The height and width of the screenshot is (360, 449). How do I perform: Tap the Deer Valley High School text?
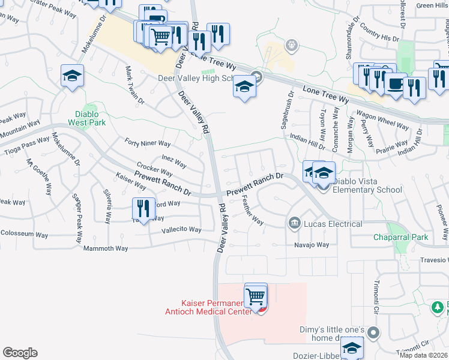[x=199, y=78]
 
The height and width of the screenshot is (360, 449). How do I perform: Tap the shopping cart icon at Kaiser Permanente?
[x=256, y=296]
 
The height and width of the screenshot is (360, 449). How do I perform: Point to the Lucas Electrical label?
[x=333, y=224]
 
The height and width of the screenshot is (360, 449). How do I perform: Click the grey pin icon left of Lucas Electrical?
[x=294, y=224]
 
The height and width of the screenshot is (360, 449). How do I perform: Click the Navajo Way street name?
[x=312, y=245]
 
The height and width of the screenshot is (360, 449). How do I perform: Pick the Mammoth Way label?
[x=106, y=248]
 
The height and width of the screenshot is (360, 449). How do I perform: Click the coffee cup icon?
[x=394, y=84]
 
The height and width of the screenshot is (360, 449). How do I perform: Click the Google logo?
[x=20, y=353]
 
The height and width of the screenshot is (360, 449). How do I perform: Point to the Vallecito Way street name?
[x=181, y=230]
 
